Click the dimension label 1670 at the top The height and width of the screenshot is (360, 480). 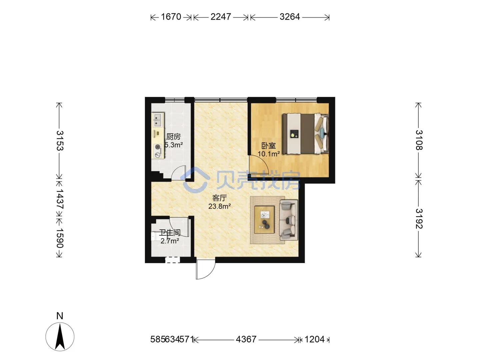(x=171, y=17)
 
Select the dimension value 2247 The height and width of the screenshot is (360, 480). (x=221, y=17)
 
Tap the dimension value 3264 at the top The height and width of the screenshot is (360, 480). (x=289, y=17)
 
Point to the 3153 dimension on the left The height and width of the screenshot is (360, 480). (x=59, y=141)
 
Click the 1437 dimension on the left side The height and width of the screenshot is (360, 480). (x=59, y=199)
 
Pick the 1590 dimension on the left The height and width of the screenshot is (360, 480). (x=59, y=238)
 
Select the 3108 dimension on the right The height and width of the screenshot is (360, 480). (x=419, y=140)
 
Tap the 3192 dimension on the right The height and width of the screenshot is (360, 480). (x=419, y=219)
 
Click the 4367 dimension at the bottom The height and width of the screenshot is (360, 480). (x=246, y=339)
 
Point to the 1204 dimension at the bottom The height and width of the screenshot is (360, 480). (x=314, y=339)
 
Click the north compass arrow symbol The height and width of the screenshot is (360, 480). (x=60, y=337)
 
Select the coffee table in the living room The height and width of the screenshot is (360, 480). (x=264, y=220)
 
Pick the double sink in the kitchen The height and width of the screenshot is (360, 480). (x=158, y=120)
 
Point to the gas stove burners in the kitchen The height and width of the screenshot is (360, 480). (x=158, y=151)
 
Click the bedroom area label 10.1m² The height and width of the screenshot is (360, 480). (x=268, y=154)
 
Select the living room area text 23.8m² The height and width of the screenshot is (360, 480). (x=220, y=206)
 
